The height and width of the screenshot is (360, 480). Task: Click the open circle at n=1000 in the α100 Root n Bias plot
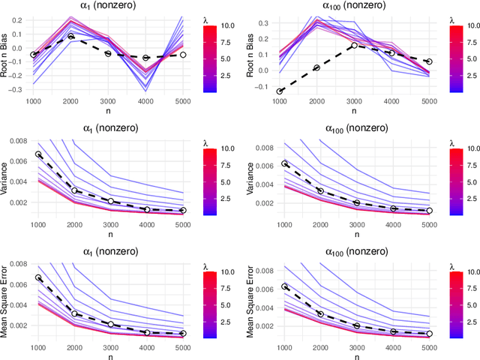pos(280,91)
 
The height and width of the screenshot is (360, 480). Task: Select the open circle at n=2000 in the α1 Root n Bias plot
pos(70,36)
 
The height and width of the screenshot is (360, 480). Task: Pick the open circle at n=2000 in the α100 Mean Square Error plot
pos(317,313)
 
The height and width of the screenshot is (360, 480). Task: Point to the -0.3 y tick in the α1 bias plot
pos(14,88)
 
